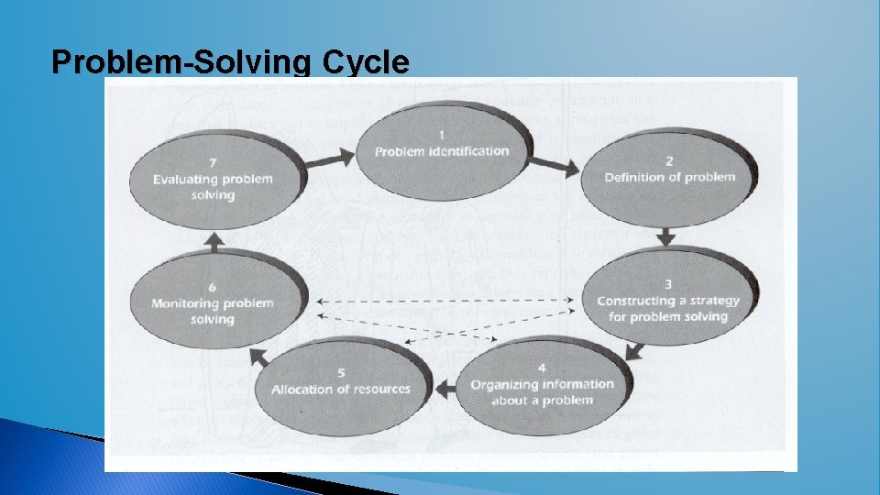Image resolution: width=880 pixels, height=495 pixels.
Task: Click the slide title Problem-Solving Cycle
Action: tap(230, 62)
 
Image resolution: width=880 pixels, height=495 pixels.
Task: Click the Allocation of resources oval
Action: tap(341, 382)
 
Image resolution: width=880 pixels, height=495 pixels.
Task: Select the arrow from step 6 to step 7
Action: tap(213, 240)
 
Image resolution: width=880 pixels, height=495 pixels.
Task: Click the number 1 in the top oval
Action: tap(442, 135)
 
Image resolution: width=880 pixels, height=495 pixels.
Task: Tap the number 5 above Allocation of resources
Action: tap(341, 373)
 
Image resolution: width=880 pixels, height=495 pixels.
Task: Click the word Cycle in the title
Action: tap(366, 62)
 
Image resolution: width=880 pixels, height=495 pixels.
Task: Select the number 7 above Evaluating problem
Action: tap(213, 162)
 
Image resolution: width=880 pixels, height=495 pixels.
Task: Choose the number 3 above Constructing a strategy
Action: tap(667, 284)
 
